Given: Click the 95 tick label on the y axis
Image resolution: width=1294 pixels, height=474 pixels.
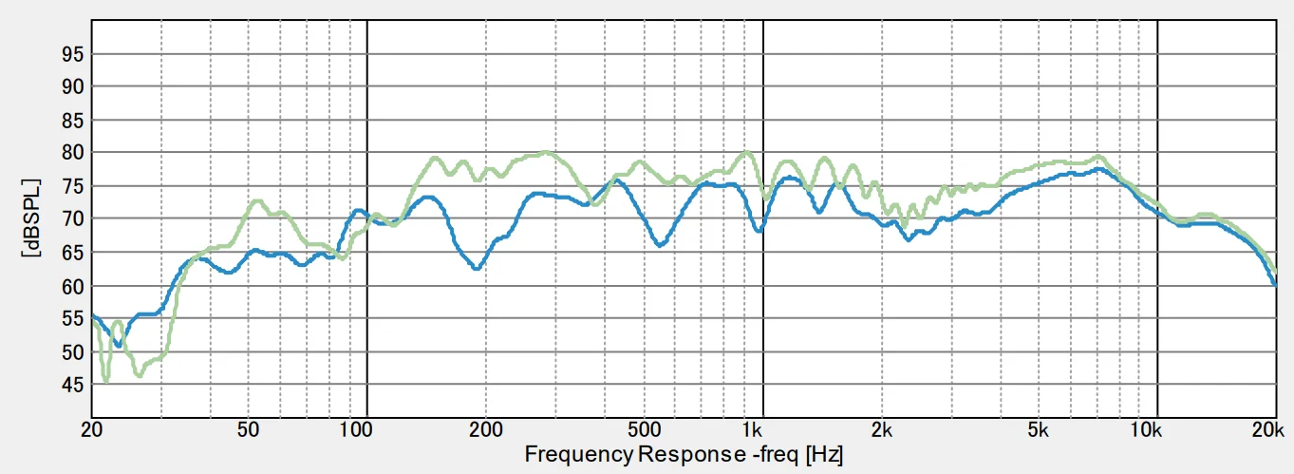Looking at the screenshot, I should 73,54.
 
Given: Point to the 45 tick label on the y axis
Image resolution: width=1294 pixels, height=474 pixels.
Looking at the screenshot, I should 73,385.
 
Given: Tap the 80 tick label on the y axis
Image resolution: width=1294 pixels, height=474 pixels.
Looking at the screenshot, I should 73,153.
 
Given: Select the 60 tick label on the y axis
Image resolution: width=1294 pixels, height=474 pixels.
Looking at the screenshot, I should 73,286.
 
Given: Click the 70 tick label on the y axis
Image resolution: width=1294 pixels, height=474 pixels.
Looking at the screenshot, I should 73,219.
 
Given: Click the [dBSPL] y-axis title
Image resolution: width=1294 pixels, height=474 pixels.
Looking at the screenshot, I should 35,218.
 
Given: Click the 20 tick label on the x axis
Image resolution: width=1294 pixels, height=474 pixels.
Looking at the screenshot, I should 91,428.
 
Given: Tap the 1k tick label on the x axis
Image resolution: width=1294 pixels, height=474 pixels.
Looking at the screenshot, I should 753,428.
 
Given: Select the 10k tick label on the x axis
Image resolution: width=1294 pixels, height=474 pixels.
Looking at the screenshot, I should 1147,428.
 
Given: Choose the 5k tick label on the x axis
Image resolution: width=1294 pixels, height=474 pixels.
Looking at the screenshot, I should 1041,428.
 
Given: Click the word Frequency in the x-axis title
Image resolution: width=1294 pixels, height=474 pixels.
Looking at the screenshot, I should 579,453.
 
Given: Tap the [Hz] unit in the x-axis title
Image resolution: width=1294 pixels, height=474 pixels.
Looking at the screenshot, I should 824,453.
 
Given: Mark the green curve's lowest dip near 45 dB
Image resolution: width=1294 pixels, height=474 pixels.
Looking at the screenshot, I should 105,380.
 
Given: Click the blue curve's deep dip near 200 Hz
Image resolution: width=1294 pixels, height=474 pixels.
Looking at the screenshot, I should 477,269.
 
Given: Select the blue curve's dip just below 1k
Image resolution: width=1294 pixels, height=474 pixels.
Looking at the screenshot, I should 758,231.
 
